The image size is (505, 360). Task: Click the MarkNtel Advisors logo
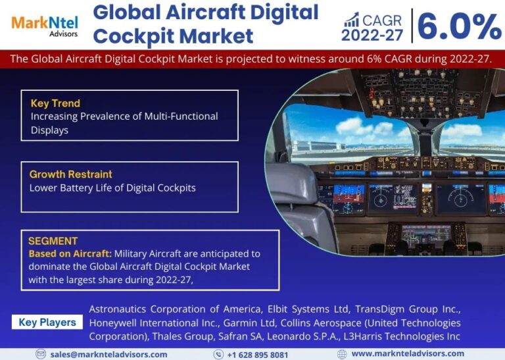pos(45,26)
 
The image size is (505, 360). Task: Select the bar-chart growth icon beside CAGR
pos(351,20)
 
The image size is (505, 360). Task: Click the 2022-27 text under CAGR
pos(372,35)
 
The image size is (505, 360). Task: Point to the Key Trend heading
pos(55,103)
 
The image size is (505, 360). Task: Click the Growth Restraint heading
pos(71,174)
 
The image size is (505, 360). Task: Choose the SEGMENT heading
pos(53,241)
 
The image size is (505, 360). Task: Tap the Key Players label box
pos(47,322)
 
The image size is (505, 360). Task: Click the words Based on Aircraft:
pos(70,253)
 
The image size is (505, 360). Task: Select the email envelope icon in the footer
pos(41,354)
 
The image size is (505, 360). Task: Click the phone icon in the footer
pos(218,354)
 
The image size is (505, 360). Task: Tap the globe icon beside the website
pos(342,354)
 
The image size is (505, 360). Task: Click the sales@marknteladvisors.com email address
pos(109,355)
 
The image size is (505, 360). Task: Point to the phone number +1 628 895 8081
pos(258,355)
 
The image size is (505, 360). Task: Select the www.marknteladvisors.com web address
pos(408,354)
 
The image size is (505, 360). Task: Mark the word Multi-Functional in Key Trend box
pos(181,116)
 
